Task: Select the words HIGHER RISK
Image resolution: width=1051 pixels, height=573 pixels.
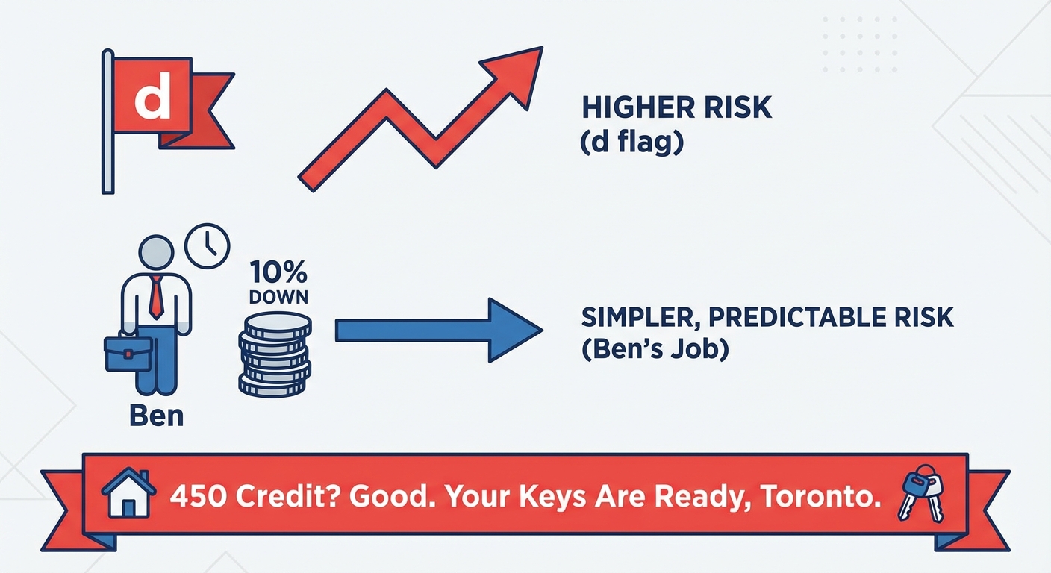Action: coord(676,108)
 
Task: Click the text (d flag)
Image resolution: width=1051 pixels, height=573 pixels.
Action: coord(631,141)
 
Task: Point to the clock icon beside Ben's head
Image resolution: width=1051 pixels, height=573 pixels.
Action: coord(207,246)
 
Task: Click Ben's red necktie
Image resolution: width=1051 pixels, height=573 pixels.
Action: coord(157,296)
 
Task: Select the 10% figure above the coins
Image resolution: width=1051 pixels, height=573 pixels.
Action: coord(278,270)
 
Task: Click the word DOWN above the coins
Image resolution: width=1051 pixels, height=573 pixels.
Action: coord(278,295)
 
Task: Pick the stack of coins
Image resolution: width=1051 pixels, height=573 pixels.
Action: coord(275,354)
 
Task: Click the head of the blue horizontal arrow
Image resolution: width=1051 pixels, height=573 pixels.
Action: coord(515,330)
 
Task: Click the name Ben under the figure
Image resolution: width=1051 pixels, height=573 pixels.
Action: coord(156,416)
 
